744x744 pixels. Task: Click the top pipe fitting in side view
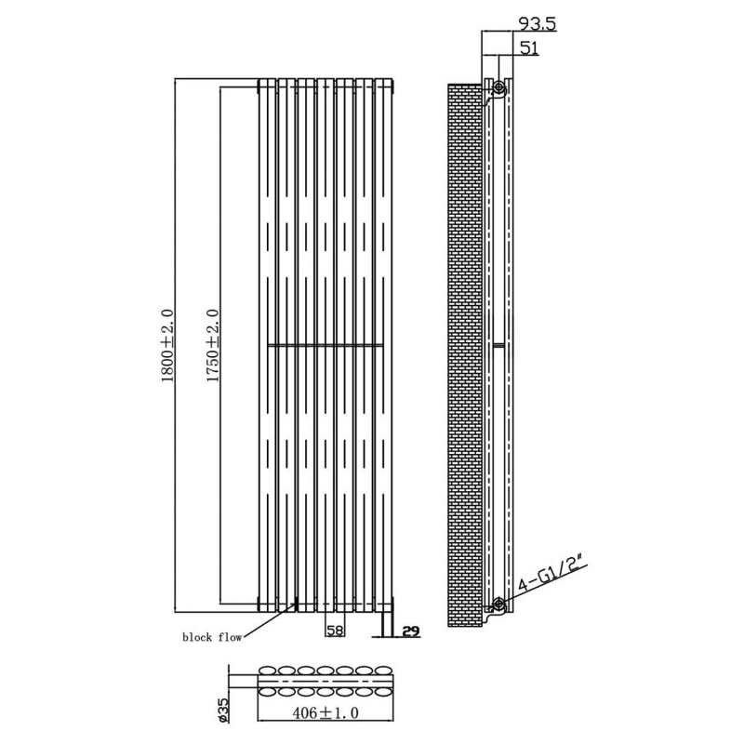click(499, 87)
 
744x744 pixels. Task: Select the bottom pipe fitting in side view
click(499, 604)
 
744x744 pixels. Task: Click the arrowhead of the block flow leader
click(295, 604)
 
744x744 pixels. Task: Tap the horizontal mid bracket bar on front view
click(325, 345)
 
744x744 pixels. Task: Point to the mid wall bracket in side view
click(498, 345)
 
